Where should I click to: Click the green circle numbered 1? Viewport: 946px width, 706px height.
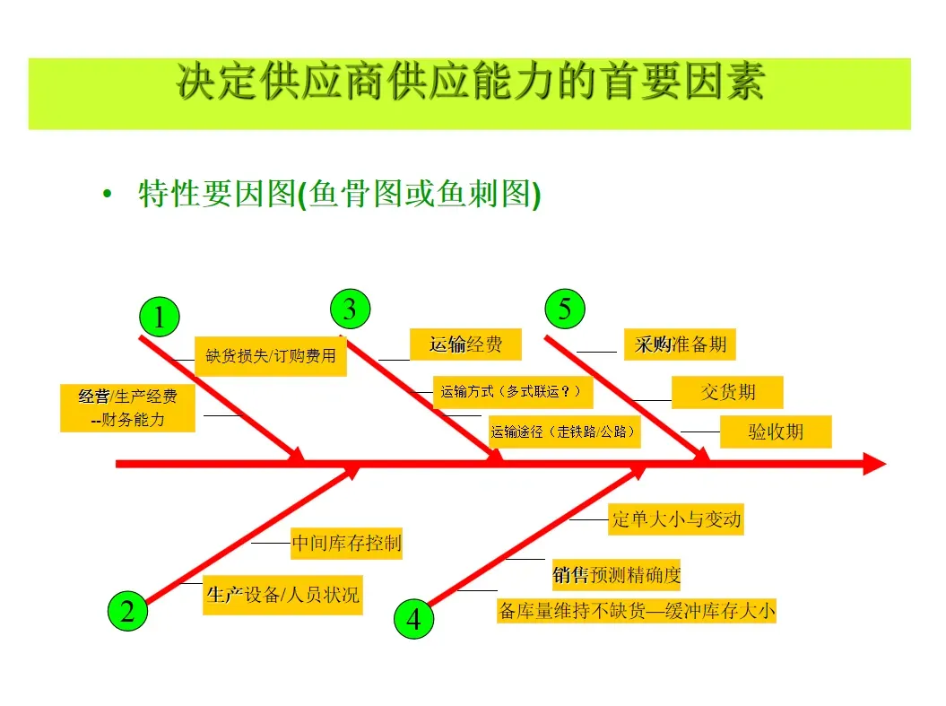pos(160,318)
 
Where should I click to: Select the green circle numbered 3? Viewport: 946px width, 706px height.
pos(350,309)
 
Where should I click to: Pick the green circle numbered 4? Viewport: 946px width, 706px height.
pos(413,619)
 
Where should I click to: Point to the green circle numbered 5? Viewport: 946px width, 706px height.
pos(565,309)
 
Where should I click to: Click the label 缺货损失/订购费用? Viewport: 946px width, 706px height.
pos(271,356)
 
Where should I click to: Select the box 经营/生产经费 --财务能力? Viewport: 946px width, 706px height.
pos(127,408)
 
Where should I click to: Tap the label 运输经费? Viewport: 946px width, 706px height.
pos(465,344)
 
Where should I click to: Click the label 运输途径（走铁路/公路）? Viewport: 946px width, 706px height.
pos(564,431)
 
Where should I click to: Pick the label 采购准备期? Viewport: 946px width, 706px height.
pos(681,344)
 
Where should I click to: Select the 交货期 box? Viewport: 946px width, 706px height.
pos(727,392)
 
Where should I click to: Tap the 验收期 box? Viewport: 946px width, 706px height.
pos(776,431)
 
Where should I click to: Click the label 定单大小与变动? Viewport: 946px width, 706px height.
pos(676,519)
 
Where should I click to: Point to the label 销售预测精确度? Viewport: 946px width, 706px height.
pos(616,575)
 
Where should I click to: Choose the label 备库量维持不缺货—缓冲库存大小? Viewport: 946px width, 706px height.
pos(637,612)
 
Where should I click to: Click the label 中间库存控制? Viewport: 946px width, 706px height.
pos(346,543)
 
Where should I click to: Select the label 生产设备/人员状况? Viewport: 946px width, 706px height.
pos(282,595)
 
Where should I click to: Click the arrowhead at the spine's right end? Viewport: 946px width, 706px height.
pos(874,464)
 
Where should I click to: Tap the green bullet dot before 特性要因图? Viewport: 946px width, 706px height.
pos(108,195)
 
